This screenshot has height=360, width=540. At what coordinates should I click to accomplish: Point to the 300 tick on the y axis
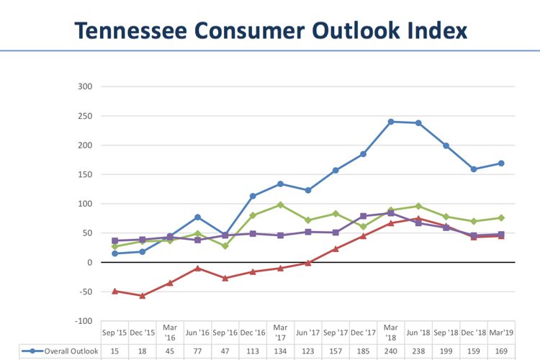[x=85, y=86]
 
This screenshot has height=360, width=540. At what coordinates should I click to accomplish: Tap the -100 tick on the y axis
[x=84, y=321]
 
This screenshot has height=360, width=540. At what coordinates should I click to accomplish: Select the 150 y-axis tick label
[x=85, y=174]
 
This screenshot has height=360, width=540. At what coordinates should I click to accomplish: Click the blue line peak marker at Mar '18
[x=391, y=122]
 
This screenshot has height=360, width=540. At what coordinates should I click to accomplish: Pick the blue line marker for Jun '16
[x=198, y=217]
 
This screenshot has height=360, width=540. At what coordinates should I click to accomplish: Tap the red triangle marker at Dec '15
[x=143, y=296]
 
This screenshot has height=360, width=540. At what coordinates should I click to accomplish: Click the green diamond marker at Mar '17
[x=280, y=204]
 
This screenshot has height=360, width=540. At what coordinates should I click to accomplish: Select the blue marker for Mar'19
[x=501, y=163]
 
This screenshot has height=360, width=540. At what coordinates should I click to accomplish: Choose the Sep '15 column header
[x=115, y=333]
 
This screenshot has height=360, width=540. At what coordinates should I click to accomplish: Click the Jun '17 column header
[x=308, y=333]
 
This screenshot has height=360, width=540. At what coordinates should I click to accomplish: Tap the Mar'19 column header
[x=501, y=333]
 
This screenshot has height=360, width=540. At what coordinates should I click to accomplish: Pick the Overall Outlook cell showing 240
[x=391, y=351]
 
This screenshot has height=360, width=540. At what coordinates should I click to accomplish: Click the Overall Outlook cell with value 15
[x=115, y=351]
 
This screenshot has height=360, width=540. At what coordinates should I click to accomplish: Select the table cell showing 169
[x=501, y=351]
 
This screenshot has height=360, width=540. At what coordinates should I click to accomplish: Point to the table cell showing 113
[x=253, y=351]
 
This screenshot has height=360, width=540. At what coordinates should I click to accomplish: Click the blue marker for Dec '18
[x=474, y=169]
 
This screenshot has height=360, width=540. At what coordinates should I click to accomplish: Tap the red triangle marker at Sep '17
[x=336, y=249]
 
